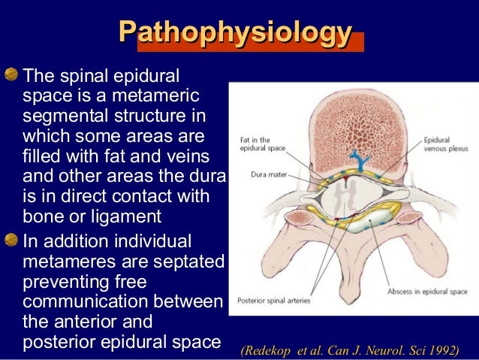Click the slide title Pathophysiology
(235, 34)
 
